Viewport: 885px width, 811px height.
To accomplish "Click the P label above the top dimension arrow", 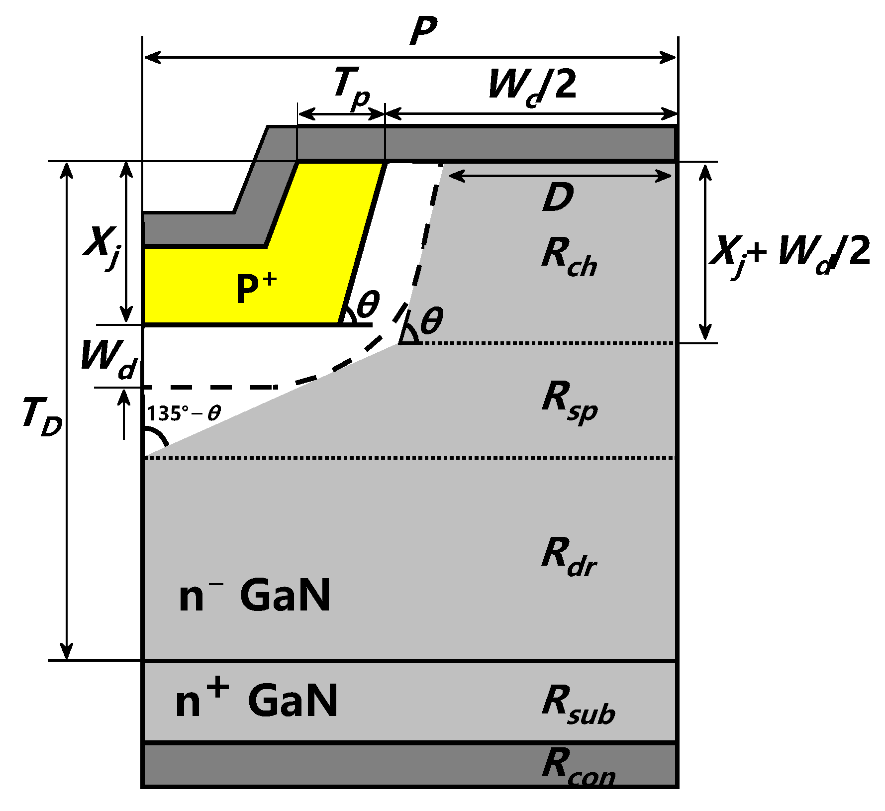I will tap(423, 31).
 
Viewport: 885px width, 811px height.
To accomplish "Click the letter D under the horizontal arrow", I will tap(557, 198).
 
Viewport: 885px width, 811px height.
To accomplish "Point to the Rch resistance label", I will tap(569, 257).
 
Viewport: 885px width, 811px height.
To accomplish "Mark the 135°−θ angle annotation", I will tap(184, 413).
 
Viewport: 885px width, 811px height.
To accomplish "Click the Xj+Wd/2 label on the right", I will tap(791, 254).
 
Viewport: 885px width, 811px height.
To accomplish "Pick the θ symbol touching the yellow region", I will tap(368, 304).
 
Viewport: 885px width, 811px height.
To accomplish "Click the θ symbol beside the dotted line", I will tap(431, 321).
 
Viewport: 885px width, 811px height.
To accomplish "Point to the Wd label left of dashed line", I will tap(108, 359).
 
